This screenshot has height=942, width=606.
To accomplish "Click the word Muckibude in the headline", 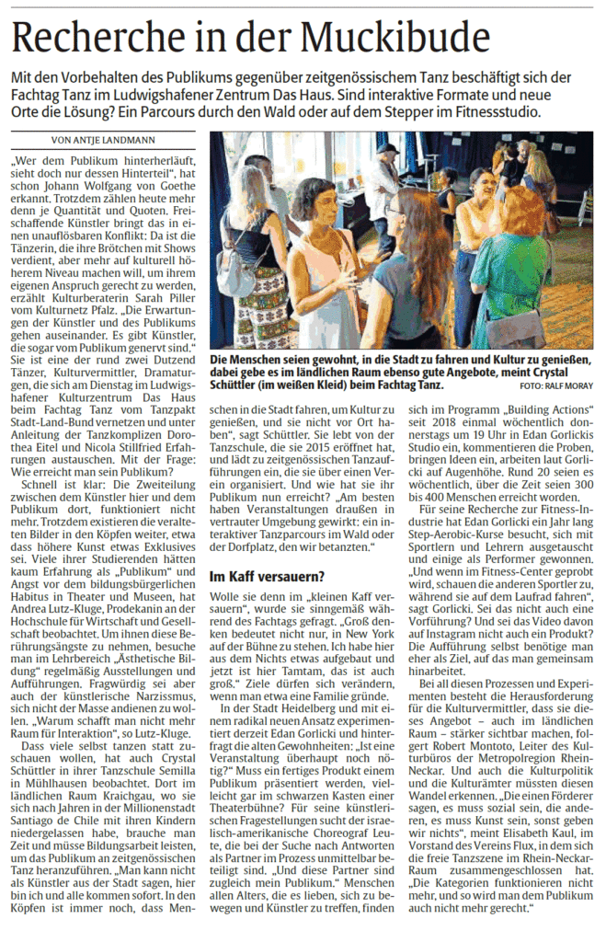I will click(394, 37).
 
